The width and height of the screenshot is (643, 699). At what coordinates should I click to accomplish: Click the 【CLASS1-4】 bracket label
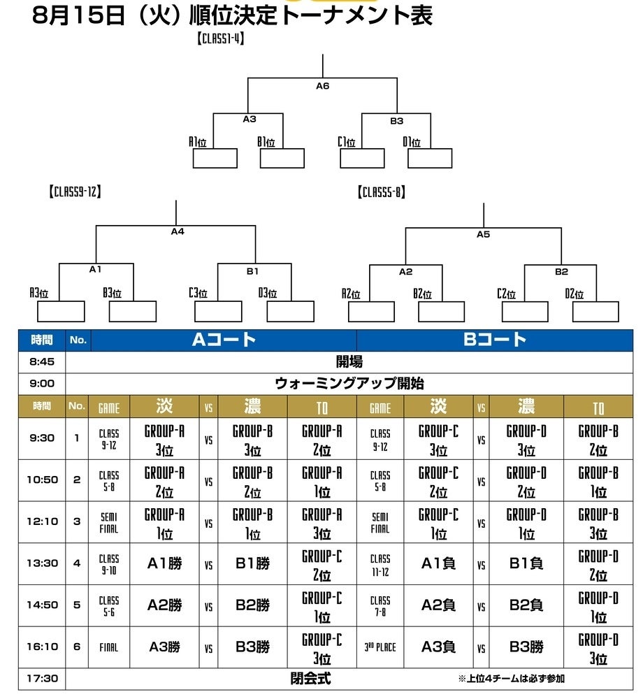[x=219, y=39]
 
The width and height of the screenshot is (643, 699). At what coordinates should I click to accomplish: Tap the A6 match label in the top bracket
[x=322, y=86]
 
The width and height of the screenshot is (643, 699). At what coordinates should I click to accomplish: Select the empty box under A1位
[x=215, y=159]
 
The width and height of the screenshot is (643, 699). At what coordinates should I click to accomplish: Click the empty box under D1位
[x=431, y=159]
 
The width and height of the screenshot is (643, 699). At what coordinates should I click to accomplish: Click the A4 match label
[x=178, y=231]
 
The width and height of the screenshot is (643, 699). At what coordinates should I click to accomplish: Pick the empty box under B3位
[x=133, y=311]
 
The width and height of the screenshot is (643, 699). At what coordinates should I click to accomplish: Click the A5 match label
[x=483, y=234]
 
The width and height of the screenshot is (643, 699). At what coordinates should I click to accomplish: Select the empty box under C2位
[x=524, y=311]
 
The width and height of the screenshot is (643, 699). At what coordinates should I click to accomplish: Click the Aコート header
[x=224, y=340]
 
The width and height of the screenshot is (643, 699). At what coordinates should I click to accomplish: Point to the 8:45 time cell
[x=41, y=362]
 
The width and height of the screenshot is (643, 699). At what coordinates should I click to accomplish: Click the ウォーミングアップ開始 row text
[x=350, y=384]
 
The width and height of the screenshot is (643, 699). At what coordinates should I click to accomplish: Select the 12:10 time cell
[x=41, y=521]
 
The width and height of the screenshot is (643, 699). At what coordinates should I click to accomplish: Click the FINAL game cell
[x=109, y=648]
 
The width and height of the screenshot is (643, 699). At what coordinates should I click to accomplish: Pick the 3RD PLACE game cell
[x=380, y=648]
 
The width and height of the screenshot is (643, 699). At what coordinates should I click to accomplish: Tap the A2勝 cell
[x=164, y=605]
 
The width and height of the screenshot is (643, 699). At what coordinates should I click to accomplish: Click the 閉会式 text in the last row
[x=310, y=678]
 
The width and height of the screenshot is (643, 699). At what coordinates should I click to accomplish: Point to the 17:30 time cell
[x=41, y=678]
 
